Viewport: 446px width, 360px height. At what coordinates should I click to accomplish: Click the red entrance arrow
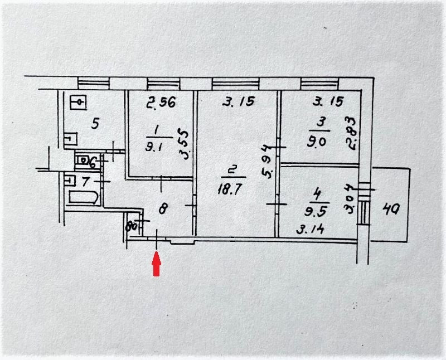tap(157, 264)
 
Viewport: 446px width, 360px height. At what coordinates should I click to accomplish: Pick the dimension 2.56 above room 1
tap(161, 103)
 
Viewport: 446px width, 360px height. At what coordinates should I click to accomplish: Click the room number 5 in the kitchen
tap(95, 124)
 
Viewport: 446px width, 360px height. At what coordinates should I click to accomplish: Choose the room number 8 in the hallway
tap(163, 210)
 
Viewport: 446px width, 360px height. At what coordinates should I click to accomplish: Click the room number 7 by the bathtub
tap(85, 181)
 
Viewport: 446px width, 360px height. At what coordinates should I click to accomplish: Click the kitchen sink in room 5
tap(79, 103)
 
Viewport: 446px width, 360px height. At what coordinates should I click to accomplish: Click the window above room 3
tap(319, 83)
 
